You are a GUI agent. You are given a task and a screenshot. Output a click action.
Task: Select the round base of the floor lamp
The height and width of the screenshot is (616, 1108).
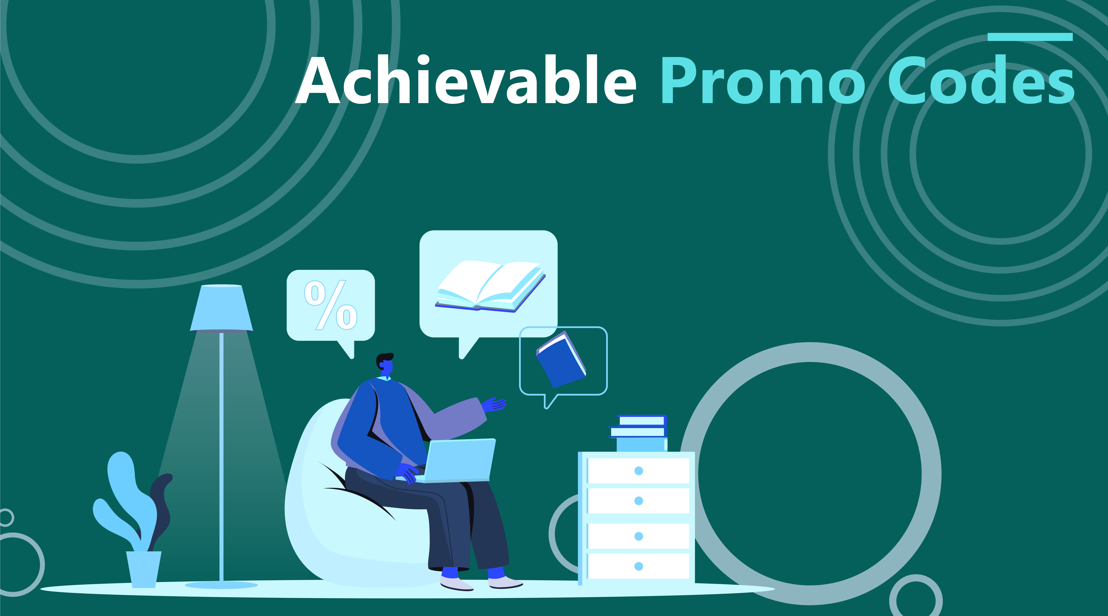click(x=222, y=585)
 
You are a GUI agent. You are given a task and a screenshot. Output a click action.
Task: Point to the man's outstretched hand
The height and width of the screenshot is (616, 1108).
click(x=494, y=404)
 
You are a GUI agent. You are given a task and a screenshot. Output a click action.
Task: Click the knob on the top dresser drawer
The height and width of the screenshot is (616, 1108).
click(x=639, y=471)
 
